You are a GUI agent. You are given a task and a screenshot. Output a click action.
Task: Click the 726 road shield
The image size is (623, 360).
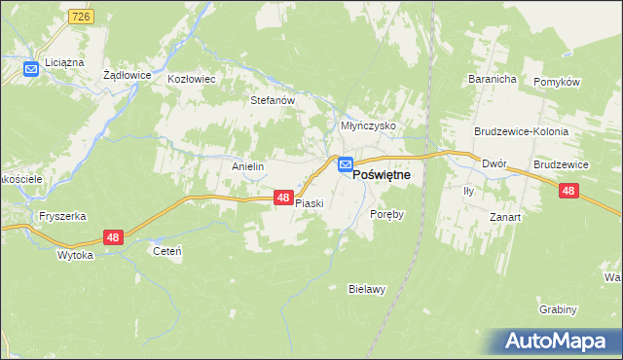(81, 18)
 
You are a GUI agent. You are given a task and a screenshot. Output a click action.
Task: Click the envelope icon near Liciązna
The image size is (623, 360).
(30, 68)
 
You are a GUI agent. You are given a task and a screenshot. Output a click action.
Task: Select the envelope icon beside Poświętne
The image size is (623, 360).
(346, 166)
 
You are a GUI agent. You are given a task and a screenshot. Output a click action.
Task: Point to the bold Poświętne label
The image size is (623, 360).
(382, 174)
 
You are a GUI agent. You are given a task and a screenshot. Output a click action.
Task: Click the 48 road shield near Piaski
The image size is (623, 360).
(282, 198)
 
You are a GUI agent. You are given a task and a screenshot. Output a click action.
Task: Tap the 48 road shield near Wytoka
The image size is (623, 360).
(113, 237)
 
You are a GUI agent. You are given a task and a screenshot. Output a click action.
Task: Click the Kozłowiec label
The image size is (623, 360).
(192, 78)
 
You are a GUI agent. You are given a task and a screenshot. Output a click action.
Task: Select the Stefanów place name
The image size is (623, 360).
(273, 99)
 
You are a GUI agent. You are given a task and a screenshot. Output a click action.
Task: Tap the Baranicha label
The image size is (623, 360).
(491, 79)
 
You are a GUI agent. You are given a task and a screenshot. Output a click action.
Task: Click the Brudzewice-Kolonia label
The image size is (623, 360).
(521, 131)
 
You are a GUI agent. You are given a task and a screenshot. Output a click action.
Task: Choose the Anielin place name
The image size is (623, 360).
(248, 166)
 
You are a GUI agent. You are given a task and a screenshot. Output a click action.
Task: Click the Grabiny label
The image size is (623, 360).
(558, 309)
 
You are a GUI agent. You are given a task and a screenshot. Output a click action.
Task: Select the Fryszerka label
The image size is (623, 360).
(57, 216)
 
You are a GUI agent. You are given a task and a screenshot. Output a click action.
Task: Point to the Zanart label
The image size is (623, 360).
(505, 218)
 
